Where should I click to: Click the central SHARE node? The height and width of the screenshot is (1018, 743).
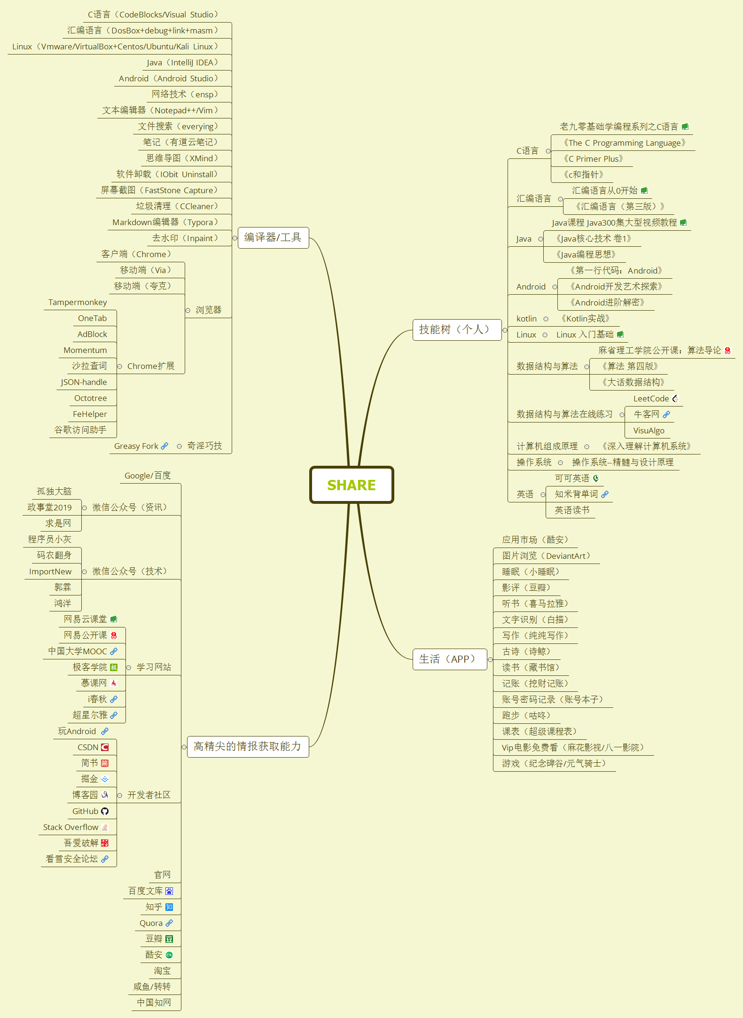352,485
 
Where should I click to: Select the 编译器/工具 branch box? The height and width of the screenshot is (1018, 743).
273,238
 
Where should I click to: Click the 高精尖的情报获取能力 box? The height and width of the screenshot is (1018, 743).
248,746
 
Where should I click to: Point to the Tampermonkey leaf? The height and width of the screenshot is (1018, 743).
78,302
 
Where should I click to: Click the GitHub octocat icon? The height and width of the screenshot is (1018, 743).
105,811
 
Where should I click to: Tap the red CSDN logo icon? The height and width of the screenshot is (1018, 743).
105,747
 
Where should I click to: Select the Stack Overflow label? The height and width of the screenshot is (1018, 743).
71,827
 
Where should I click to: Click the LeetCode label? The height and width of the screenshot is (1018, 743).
651,399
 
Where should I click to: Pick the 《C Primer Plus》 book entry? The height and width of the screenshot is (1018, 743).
593,159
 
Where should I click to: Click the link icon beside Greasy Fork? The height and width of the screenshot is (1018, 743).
164,446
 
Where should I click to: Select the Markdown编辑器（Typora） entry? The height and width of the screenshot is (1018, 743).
165,222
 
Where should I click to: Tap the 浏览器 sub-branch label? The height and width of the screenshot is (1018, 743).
208,310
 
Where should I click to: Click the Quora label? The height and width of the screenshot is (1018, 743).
151,923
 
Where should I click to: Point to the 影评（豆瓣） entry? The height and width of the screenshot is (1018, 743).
526,587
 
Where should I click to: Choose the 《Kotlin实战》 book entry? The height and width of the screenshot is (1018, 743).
585,319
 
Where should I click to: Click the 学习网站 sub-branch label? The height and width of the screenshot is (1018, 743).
154,667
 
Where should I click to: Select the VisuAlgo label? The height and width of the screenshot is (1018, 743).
649,431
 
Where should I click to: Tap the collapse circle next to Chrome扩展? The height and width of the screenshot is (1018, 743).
120,367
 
